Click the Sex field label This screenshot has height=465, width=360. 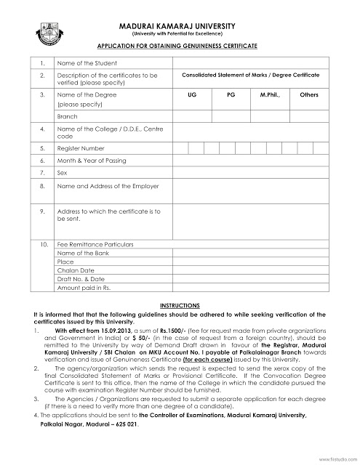pos(61,174)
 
